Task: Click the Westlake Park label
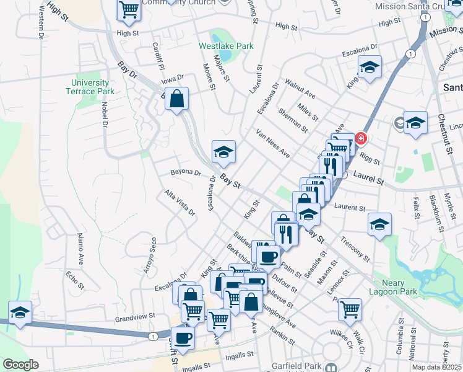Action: (x=217, y=46)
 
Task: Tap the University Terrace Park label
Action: (x=90, y=87)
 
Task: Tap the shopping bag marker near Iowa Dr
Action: (x=177, y=99)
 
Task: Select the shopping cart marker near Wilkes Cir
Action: (x=350, y=308)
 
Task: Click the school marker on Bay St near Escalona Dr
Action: (x=223, y=151)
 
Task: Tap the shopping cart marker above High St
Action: (x=129, y=9)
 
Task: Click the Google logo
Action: (x=20, y=365)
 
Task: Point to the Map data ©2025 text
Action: (x=436, y=367)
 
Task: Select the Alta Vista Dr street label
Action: (x=180, y=203)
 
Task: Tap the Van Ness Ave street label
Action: (x=273, y=143)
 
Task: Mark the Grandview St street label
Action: (x=135, y=317)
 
